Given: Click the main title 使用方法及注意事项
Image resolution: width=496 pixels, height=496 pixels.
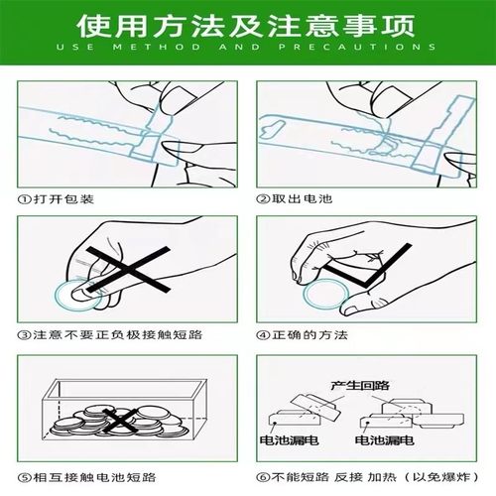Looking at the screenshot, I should point(248,22).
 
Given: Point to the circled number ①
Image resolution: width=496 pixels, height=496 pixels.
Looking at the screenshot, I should point(26,198).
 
